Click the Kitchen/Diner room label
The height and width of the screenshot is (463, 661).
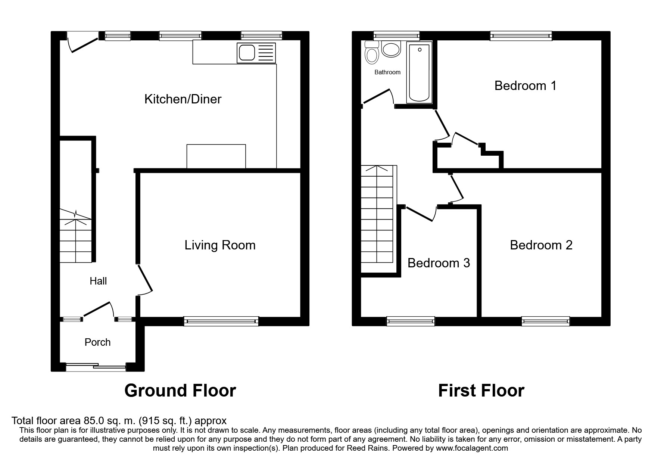pos(183,99)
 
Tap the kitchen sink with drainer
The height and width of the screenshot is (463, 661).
pos(256,52)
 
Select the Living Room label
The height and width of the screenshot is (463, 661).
pos(220,245)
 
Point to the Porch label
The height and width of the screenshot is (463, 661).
pos(97,342)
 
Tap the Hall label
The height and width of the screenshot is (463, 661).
pos(98,281)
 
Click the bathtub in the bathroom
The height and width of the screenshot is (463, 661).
pos(419,72)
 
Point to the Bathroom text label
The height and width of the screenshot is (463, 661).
pos(387,72)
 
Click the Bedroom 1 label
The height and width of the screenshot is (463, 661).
pos(525,86)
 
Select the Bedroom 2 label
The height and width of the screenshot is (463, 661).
pos(541,245)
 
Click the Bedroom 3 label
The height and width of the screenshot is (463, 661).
pos(439,263)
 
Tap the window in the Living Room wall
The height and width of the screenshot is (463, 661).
pos(221,321)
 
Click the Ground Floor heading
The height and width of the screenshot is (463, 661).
pos(180,391)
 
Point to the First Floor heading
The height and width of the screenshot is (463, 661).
pos(481,391)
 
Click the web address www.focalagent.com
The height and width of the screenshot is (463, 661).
pos(472,448)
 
